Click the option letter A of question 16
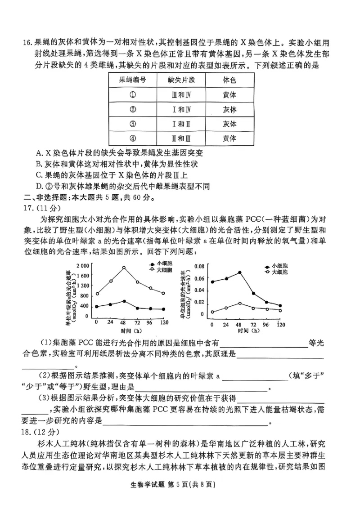(38, 153)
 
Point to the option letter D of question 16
(38, 186)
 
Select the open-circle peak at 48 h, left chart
(124, 268)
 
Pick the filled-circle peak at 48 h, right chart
(240, 272)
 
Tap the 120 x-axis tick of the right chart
(281, 324)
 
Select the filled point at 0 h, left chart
(97, 307)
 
